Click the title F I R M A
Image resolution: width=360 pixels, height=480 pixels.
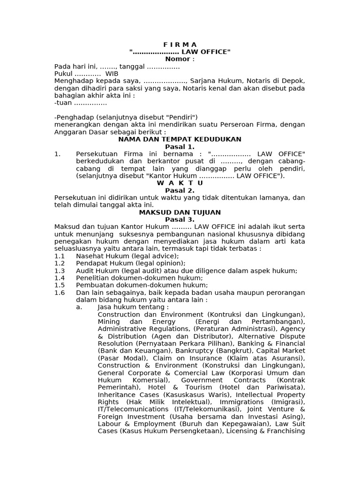click(180, 45)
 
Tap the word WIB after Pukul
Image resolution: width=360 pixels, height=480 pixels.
click(112, 74)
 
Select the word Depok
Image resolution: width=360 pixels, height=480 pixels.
click(294, 81)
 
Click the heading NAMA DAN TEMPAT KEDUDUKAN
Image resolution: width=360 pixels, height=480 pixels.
click(180, 139)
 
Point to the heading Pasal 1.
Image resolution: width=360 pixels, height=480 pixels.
click(180, 147)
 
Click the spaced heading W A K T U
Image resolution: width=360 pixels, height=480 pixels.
click(180, 183)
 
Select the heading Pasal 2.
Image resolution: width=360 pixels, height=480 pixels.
click(180, 190)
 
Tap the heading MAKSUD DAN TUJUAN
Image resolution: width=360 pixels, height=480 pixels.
click(180, 212)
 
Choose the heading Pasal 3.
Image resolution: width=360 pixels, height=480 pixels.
click(180, 219)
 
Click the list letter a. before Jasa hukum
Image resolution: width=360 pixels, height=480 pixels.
click(78, 307)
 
